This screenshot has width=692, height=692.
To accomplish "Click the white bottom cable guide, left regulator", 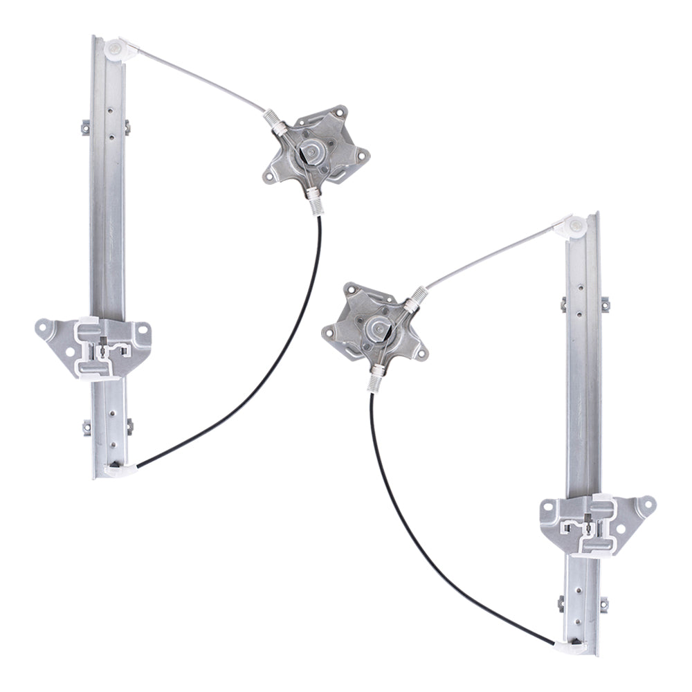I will click(118, 470).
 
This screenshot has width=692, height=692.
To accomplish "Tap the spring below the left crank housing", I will click(315, 201).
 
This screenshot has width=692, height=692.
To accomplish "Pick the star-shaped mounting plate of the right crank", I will click(353, 325).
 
